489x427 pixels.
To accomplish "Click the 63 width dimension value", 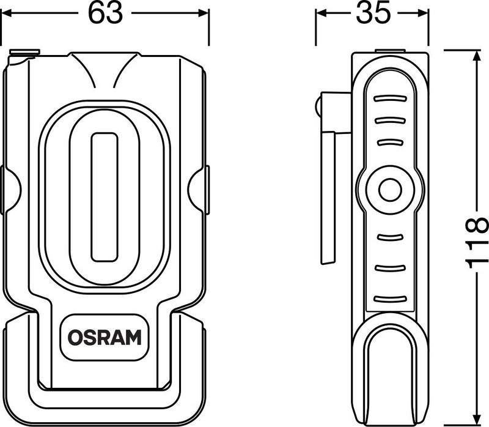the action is (105, 13).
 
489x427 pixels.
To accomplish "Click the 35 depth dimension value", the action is (373, 12).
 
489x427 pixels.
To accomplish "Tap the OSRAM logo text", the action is (105, 338).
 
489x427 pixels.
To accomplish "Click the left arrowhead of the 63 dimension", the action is (7, 13).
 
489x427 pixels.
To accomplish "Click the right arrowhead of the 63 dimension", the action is (204, 13).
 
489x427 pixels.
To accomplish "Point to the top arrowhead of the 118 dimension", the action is (476, 56).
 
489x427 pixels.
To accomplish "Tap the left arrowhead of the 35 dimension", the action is (322, 13).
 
